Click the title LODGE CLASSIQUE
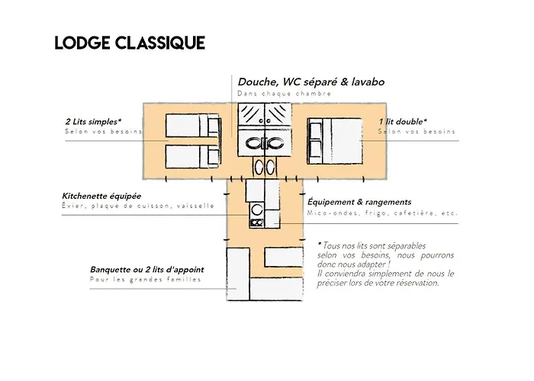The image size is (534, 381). click(130, 43)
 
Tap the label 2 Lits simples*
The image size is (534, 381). click(94, 121)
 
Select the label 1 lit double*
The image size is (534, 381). click(403, 121)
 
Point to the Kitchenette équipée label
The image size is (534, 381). click(101, 196)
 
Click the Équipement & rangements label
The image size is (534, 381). click(359, 202)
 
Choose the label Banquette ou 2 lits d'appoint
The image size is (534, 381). click(147, 270)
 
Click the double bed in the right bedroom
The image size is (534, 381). click(336, 141)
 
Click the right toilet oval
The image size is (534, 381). click(269, 168)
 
